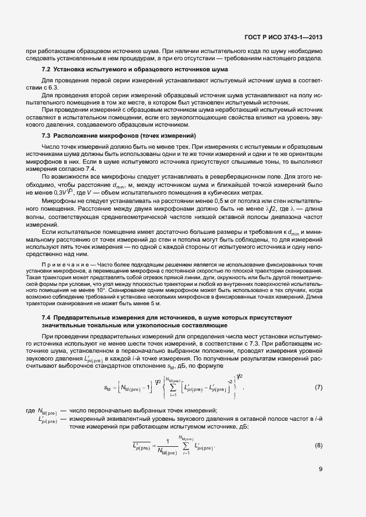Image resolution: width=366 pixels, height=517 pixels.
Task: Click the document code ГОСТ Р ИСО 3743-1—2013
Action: click(x=283, y=38)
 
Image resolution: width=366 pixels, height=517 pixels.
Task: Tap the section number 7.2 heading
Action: click(x=47, y=69)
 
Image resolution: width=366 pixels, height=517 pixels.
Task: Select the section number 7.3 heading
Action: click(x=47, y=135)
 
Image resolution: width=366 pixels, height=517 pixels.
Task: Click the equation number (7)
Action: click(x=318, y=387)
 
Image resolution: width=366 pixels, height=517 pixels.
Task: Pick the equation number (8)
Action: click(x=318, y=445)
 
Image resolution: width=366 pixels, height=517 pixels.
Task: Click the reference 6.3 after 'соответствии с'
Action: click(x=51, y=87)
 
